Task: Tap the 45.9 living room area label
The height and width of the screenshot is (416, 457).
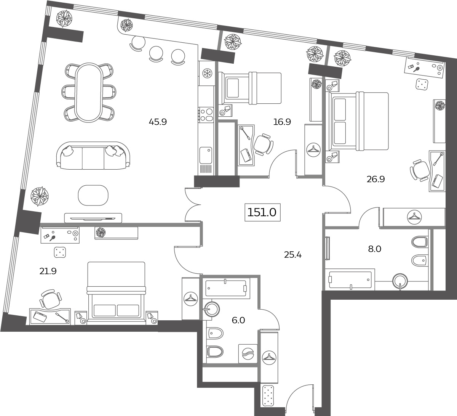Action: [x=158, y=122]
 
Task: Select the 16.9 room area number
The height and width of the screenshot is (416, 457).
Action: [x=282, y=122]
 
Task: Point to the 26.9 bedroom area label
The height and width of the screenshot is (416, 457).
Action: [x=376, y=179]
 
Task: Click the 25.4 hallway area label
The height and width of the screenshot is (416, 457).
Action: [x=293, y=255]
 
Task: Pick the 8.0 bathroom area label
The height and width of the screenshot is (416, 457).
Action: [x=374, y=249]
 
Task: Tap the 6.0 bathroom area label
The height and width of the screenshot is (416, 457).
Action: [x=238, y=320]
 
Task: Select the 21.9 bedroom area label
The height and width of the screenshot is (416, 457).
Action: [x=48, y=271]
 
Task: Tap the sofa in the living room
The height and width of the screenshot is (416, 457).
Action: [x=93, y=156]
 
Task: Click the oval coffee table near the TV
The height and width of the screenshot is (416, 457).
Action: [x=93, y=195]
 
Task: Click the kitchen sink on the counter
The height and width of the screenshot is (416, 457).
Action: [x=206, y=155]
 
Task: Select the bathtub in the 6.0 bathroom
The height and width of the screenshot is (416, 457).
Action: [x=226, y=288]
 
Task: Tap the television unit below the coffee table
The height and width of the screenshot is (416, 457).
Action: [x=93, y=218]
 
